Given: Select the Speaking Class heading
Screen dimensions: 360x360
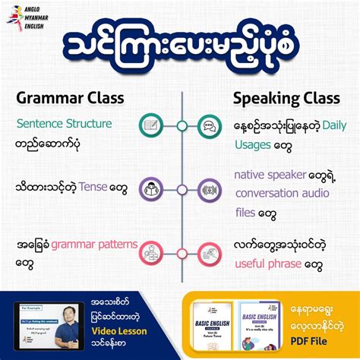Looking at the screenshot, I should (x=287, y=98).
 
